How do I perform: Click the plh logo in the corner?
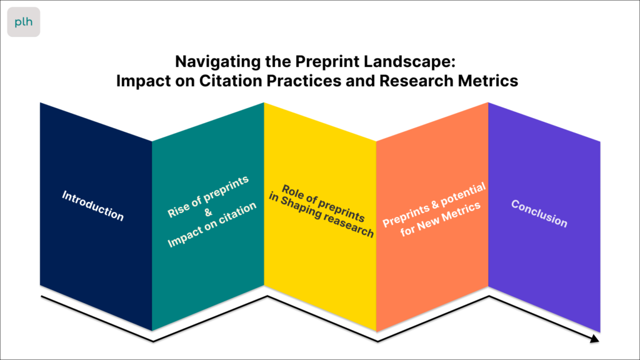(x=24, y=22)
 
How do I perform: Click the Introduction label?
(x=92, y=206)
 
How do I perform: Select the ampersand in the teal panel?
(x=208, y=212)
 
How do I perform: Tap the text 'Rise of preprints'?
(x=207, y=197)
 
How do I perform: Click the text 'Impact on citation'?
(x=212, y=224)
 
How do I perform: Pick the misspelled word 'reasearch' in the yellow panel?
(x=349, y=225)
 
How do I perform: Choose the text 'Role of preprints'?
(x=323, y=203)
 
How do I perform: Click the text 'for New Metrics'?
(x=441, y=219)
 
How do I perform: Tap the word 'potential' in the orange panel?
(x=463, y=196)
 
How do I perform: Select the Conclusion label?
(x=539, y=214)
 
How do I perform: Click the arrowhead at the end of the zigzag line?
(x=595, y=338)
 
